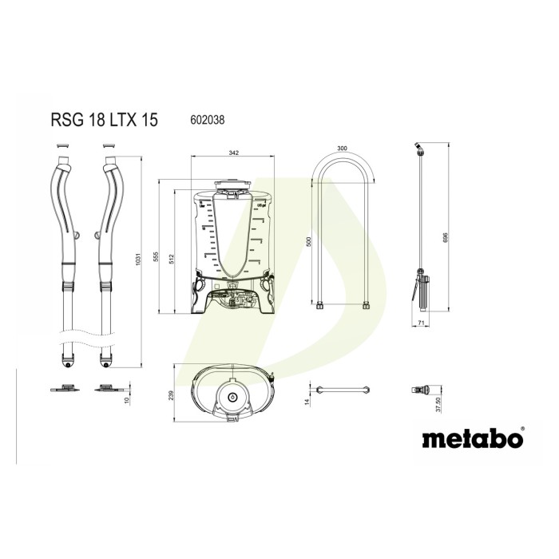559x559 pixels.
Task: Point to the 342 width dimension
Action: point(233,151)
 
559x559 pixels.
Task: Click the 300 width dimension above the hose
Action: point(342,149)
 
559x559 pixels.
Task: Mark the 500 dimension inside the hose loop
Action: point(309,242)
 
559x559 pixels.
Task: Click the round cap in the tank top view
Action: point(232,397)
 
